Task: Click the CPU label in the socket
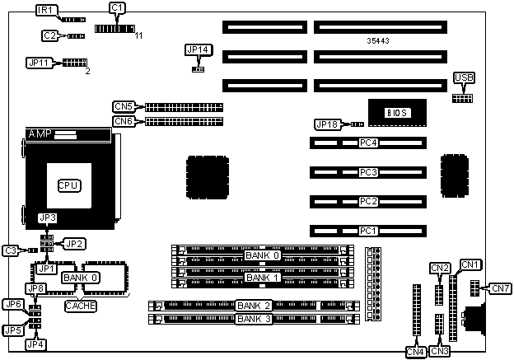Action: pos(68,185)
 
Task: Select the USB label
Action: pos(464,78)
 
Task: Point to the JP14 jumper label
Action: pos(199,50)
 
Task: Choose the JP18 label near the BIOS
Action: pos(327,124)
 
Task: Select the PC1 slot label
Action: pos(368,231)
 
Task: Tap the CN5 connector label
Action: pos(124,106)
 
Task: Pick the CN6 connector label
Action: pos(124,121)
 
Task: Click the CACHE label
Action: pos(81,306)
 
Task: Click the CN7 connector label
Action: pos(500,288)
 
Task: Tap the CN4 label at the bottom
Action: pos(415,352)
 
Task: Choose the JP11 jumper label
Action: pos(39,63)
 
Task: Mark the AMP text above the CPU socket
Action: pos(40,133)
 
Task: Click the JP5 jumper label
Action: pos(12,330)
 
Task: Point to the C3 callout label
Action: pos(11,250)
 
